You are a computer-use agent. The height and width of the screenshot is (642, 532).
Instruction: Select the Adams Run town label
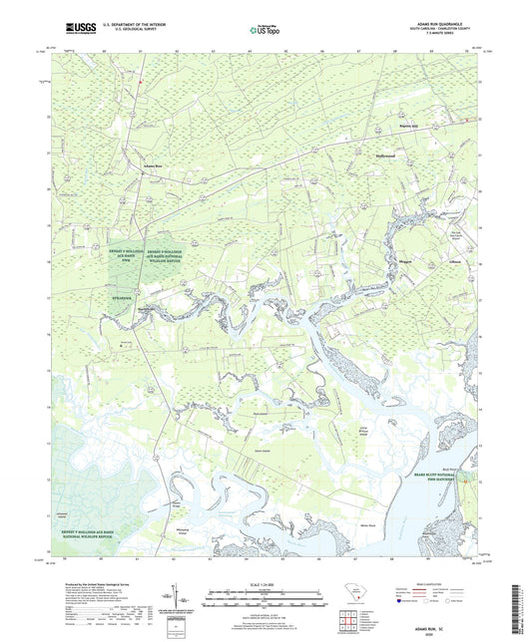[x=152, y=165]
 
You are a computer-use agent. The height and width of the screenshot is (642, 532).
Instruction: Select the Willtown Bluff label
[x=149, y=309]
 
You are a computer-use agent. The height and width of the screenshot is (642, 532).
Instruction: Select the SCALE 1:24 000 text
[x=266, y=584]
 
